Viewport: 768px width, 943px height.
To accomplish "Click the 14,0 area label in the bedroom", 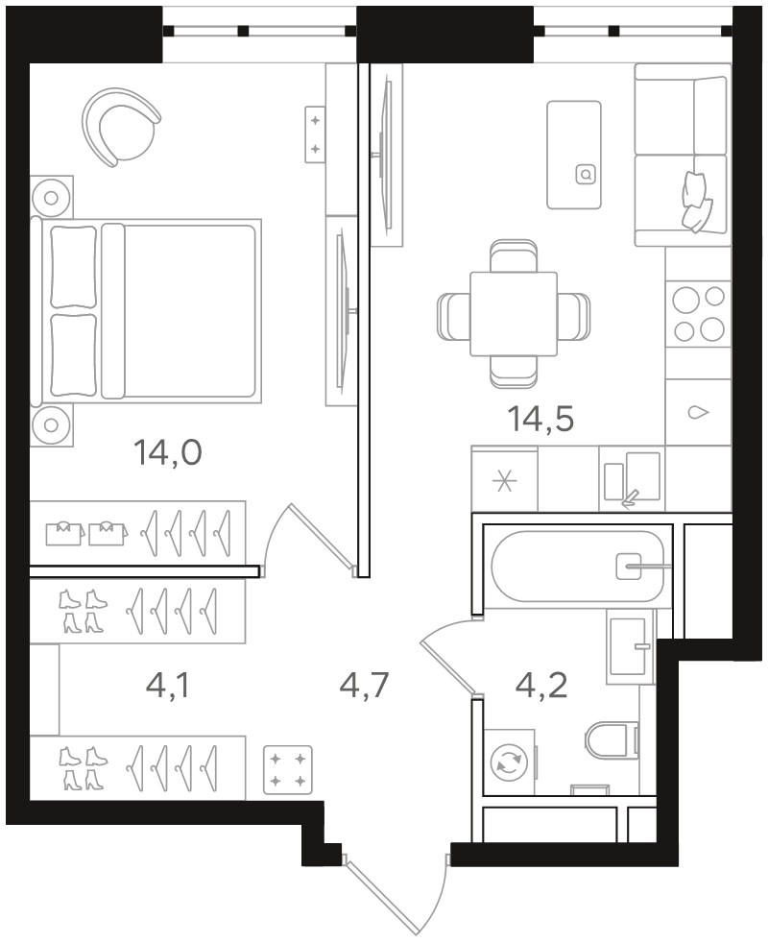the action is point(168,453).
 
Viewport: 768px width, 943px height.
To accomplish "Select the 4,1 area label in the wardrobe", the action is point(168,685).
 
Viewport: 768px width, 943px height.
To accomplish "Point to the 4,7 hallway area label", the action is point(365,685).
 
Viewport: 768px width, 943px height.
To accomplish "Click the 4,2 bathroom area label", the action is point(541,685).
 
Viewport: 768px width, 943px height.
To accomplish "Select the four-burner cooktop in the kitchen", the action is point(698,313).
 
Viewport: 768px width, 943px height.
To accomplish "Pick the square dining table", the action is point(514,313).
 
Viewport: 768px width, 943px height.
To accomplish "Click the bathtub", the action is point(578,566).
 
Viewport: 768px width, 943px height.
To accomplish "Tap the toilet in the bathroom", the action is point(611,739).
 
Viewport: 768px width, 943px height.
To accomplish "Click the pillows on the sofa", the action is point(696,201).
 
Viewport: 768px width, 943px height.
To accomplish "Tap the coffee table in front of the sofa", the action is point(574,155).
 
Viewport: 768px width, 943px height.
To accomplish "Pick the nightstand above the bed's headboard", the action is point(52,197).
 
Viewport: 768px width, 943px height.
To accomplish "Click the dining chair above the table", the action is point(513,256).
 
